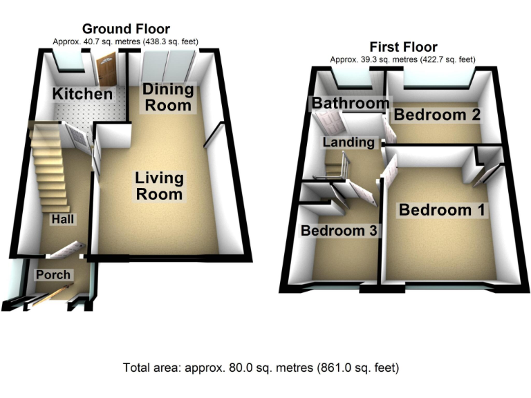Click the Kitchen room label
tap(83, 94)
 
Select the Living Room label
tap(159, 186)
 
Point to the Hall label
tap(62, 219)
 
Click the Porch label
tap(53, 274)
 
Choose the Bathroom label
tap(350, 104)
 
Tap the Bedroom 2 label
tap(437, 115)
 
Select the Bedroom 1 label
tap(442, 210)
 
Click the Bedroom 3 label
tap(338, 231)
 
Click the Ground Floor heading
tap(125, 29)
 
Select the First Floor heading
tap(403, 47)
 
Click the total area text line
tap(261, 367)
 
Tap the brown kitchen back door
tap(106, 70)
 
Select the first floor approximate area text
tap(403, 59)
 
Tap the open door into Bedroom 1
tap(389, 170)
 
